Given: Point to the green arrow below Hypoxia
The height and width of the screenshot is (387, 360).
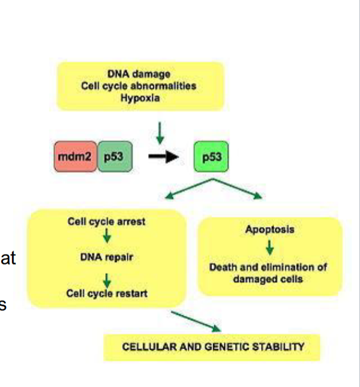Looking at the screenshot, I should click(x=159, y=131).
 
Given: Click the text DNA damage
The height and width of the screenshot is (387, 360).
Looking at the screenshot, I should click(x=139, y=74).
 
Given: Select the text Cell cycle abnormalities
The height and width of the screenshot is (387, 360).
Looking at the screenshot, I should click(x=139, y=85).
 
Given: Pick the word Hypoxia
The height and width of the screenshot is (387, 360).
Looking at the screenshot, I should click(x=139, y=96).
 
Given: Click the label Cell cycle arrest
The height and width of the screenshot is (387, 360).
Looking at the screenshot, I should click(x=107, y=222).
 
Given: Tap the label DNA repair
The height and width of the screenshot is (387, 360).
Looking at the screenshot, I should click(x=107, y=257).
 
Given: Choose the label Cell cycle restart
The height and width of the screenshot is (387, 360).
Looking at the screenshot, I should click(x=107, y=294).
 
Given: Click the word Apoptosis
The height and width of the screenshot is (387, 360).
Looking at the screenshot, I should click(x=269, y=229).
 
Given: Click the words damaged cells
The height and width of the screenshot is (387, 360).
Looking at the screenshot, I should click(x=269, y=279).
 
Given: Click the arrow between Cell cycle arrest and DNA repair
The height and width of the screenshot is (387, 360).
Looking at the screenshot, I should click(x=107, y=238).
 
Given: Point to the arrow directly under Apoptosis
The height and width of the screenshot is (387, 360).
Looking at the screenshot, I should click(x=269, y=247).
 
